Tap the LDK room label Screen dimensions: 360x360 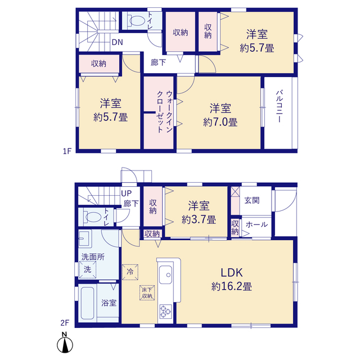coord(232,272)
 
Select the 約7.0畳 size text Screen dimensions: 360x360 coord(220,122)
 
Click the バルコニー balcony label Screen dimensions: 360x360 coord(280,106)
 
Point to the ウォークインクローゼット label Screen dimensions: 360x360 coord(164,111)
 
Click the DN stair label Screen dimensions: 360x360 coord(118,42)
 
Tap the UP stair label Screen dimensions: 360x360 coord(126,193)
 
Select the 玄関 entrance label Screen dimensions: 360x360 coord(252,200)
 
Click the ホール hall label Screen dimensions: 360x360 coord(256,224)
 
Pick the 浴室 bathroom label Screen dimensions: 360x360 coord(109,303)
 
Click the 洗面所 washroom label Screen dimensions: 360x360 coord(93,257)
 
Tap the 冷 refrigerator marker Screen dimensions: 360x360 coord(130,272)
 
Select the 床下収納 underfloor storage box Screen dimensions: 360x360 coord(147,292)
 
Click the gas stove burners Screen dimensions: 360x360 coord(165,312)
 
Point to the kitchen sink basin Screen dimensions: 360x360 coord(165,275)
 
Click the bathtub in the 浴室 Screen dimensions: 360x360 coord(88,303)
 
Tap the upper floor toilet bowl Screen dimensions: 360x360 coord(137,21)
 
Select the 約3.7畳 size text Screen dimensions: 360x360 coord(199,220)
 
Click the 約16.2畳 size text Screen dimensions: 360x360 coord(232,286)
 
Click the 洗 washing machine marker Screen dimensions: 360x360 coord(88,269)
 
